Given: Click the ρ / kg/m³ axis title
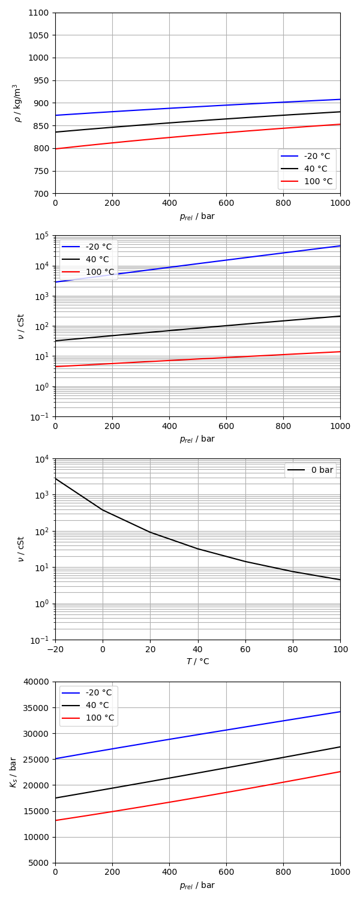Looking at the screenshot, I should (17, 103).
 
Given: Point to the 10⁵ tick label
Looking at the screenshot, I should (42, 236).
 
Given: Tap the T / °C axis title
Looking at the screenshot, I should (197, 661).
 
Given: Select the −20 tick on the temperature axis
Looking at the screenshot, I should (55, 649).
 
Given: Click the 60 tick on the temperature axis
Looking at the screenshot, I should (245, 649).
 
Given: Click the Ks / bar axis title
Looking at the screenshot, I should (13, 772).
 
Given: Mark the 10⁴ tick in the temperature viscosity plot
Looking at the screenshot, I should (42, 459).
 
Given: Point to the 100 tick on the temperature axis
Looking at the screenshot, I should (340, 649).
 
